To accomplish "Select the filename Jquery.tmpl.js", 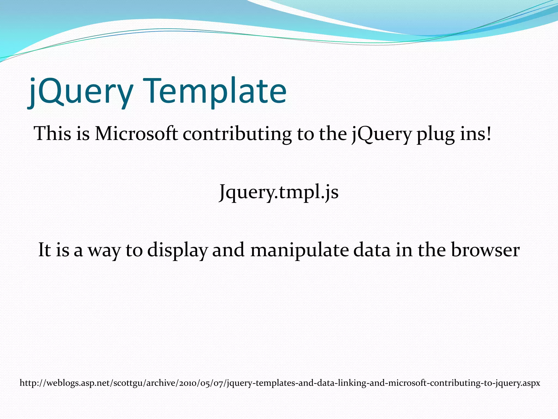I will [x=279, y=192].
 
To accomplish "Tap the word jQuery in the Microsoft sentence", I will [x=381, y=134].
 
